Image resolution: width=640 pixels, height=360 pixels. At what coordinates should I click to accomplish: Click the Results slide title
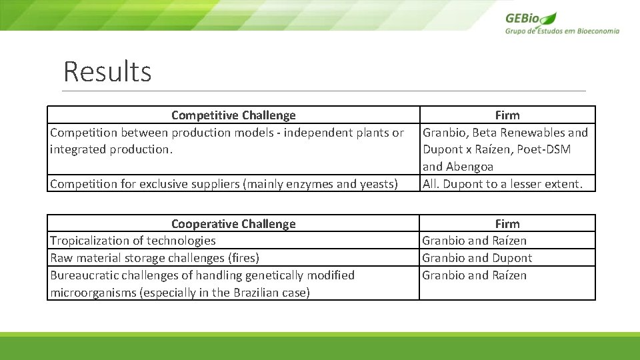pyautogui.click(x=107, y=71)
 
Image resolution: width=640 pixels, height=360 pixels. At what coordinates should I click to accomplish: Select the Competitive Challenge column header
pyautogui.click(x=233, y=115)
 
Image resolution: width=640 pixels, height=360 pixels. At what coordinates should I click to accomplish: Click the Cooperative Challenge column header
pyautogui.click(x=233, y=224)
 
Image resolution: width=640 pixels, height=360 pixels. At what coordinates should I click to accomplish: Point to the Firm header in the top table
pyautogui.click(x=507, y=115)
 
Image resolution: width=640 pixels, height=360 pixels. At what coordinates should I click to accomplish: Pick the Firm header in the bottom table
pyautogui.click(x=507, y=224)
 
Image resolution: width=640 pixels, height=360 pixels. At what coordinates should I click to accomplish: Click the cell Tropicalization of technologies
pyautogui.click(x=133, y=241)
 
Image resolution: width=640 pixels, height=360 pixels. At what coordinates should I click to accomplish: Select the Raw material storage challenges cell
pyautogui.click(x=155, y=258)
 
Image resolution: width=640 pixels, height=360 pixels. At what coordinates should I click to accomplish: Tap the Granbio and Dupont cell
pyautogui.click(x=477, y=258)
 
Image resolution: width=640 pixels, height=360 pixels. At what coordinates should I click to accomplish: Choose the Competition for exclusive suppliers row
pyautogui.click(x=224, y=184)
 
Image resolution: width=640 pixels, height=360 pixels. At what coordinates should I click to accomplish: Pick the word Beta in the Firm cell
pyautogui.click(x=485, y=133)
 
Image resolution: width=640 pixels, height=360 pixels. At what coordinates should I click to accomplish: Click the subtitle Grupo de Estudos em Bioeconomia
pyautogui.click(x=562, y=31)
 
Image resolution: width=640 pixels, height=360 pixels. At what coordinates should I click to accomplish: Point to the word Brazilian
pyautogui.click(x=252, y=293)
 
